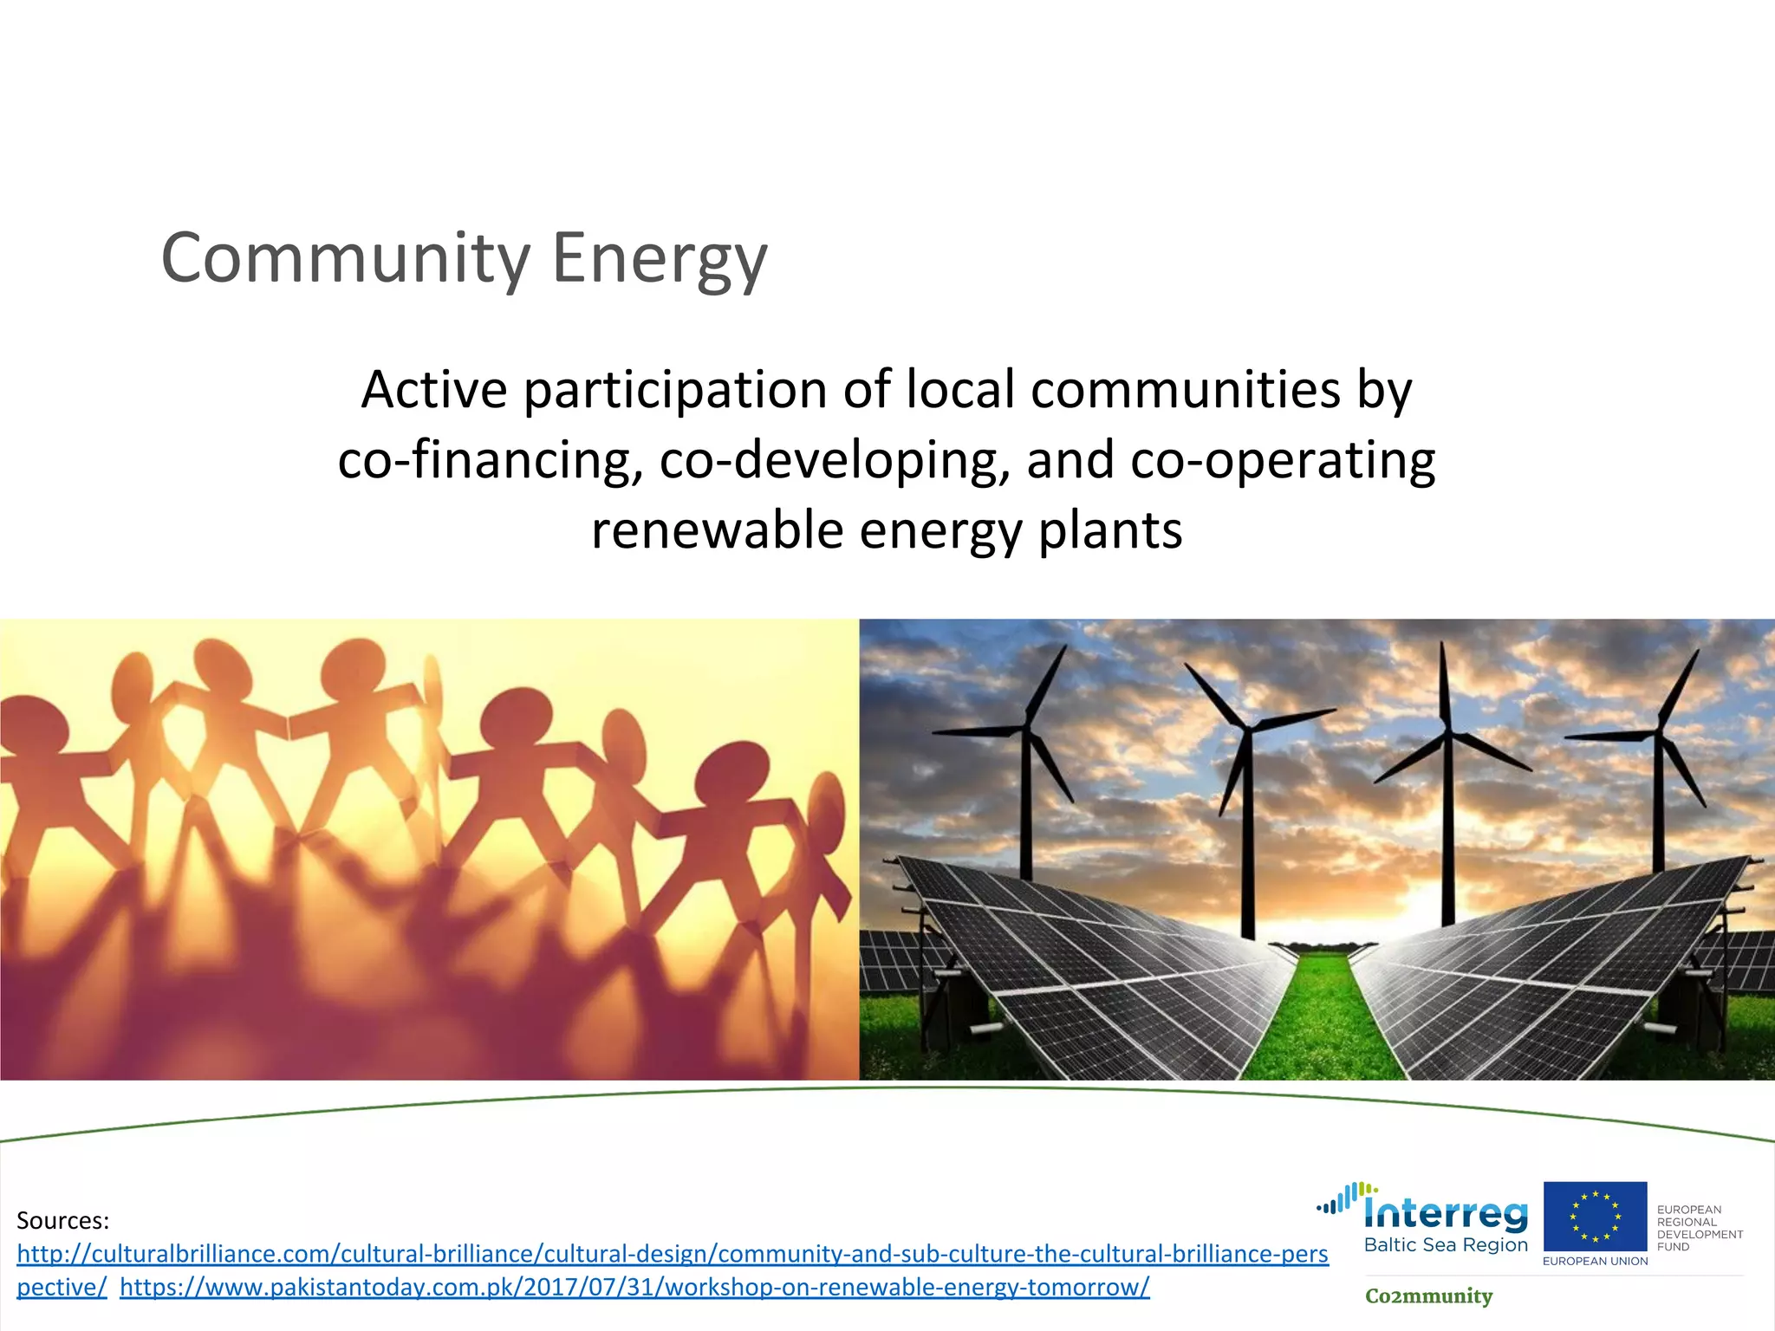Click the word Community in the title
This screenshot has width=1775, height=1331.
tap(346, 258)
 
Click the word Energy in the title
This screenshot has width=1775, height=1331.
tap(660, 258)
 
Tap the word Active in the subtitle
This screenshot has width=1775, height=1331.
tap(434, 389)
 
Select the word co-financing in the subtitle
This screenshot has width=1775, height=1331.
tap(490, 459)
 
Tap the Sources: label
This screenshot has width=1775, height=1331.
tap(62, 1221)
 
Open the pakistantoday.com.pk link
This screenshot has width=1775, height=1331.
tap(634, 1287)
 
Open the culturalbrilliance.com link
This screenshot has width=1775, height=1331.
tap(672, 1254)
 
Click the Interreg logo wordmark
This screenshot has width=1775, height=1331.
tap(1446, 1213)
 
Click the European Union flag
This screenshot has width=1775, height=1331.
tap(1595, 1217)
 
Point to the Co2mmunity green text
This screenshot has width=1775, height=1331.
tap(1428, 1296)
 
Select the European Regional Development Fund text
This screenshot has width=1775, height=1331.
tap(1699, 1228)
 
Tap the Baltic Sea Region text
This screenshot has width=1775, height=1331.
tap(1446, 1245)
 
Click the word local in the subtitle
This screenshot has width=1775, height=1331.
tap(960, 389)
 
